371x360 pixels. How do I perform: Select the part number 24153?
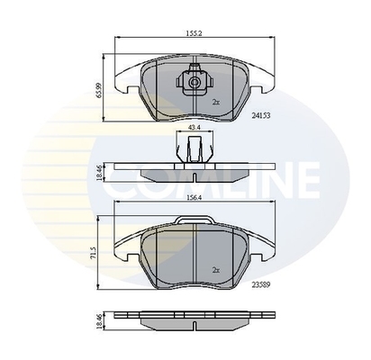tap(263, 116)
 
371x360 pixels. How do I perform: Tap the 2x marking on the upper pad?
tap(215, 101)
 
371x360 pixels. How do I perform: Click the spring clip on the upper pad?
tap(195, 83)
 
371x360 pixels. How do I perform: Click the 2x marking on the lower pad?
tap(215, 269)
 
